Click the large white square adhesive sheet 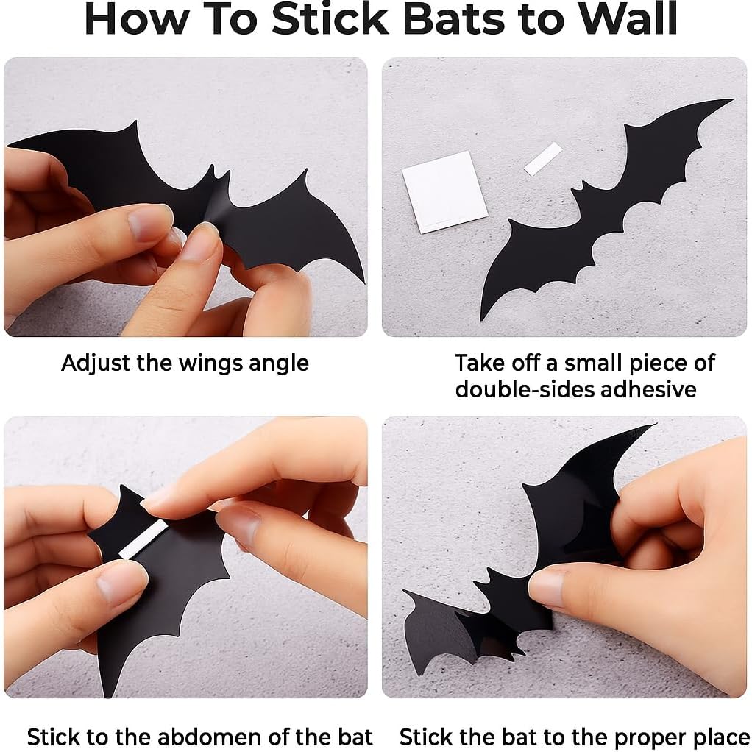click(x=444, y=191)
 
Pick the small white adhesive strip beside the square click(x=543, y=158)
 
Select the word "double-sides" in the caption click(x=523, y=389)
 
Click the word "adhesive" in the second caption click(x=648, y=389)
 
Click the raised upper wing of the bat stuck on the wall click(x=581, y=486)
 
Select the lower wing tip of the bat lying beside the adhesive click(x=484, y=315)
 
